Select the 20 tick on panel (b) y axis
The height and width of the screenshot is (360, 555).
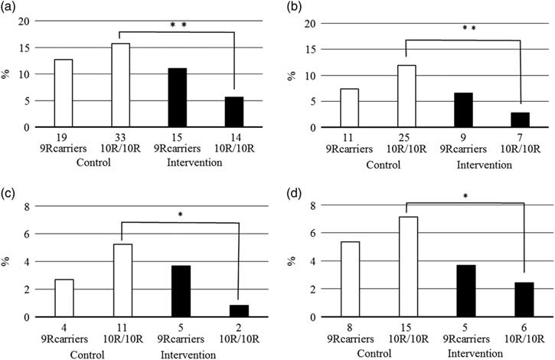[x=311, y=22]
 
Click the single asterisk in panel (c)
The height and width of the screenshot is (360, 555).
[x=180, y=214]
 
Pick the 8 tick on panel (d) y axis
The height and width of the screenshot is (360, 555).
[x=313, y=206]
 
